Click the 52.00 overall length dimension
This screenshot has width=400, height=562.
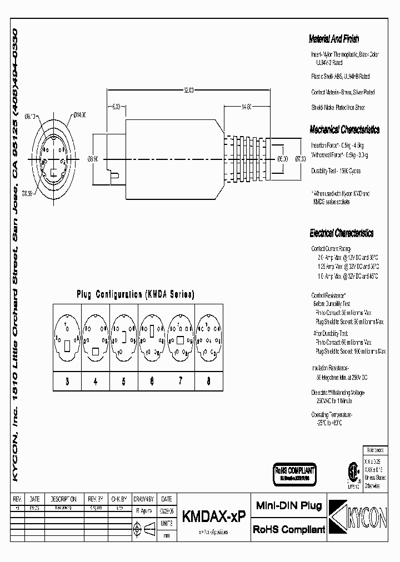188,91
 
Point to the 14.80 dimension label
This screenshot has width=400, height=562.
246,106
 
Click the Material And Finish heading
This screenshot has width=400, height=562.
334,39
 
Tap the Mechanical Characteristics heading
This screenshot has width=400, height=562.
344,130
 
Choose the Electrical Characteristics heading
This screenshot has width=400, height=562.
341,234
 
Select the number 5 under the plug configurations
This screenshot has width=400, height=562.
124,382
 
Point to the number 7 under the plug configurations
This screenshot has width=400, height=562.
180,382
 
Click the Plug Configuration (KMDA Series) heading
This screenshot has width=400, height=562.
135,295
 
